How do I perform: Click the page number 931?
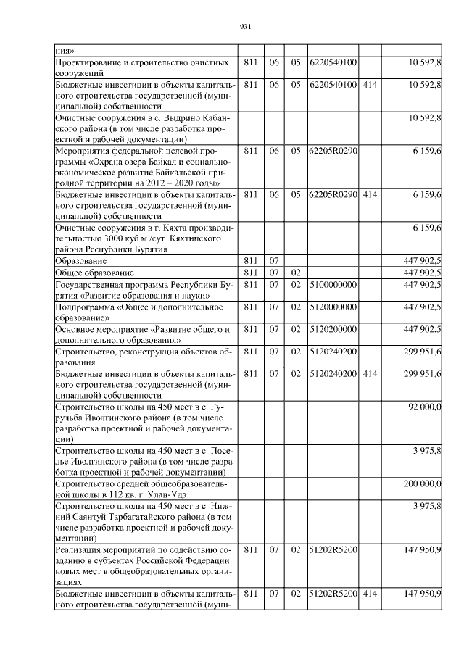coord(244,27)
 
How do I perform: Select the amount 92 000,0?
coord(424,408)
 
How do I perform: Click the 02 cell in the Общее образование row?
coord(295,273)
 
